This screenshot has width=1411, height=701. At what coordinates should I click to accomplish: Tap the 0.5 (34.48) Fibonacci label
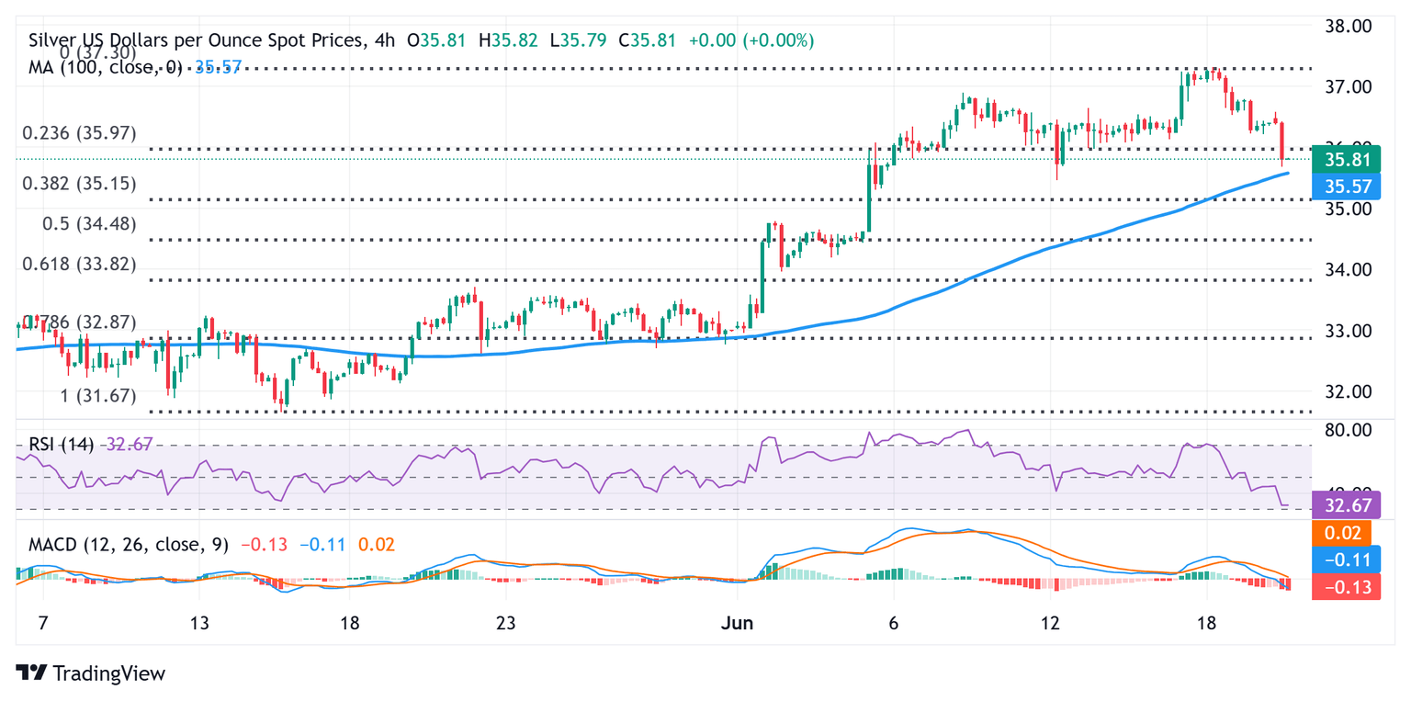pos(89,224)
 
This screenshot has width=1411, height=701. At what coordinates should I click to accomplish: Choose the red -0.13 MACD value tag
pos(1346,587)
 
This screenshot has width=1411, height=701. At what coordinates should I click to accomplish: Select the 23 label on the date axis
pos(504,624)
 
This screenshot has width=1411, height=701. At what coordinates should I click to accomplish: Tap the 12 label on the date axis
pos(1050,624)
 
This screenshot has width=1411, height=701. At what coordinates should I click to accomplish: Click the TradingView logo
pos(91,673)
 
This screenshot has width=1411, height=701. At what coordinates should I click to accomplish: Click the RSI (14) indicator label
pos(61,445)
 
